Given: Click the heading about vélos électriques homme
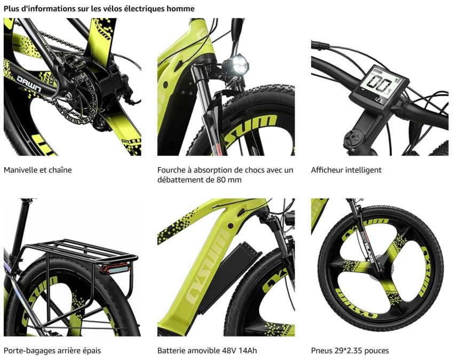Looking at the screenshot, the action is click(99, 9).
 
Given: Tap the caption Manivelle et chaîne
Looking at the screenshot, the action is click(38, 170).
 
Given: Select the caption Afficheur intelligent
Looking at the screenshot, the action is click(346, 170).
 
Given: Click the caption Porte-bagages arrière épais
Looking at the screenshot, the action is click(52, 350).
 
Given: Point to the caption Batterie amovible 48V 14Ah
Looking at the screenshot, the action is click(207, 350).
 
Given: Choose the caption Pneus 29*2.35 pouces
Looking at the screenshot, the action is click(350, 350).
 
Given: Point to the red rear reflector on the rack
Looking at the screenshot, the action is click(116, 269).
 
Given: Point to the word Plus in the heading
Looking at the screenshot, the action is click(10, 9).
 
